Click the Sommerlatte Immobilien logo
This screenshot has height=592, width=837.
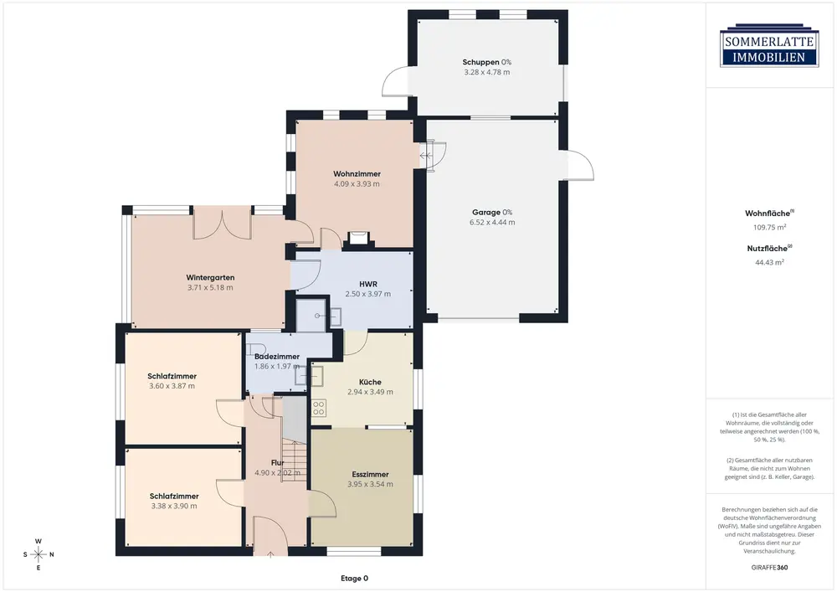point(769,45)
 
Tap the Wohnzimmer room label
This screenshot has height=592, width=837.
point(357,174)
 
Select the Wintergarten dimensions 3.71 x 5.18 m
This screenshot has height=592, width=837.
point(210,288)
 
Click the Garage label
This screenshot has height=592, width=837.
point(485,213)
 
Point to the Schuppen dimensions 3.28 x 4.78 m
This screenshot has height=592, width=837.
point(486,73)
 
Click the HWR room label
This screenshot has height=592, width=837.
point(367,284)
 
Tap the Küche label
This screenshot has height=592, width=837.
point(370,382)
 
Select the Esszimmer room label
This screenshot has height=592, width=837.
point(370,475)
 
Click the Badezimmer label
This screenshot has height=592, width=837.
point(276,357)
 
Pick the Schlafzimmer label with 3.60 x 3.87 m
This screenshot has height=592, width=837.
point(172,376)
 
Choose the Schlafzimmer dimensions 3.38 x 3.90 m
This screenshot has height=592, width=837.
point(174,507)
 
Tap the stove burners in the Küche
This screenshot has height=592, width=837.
point(319,409)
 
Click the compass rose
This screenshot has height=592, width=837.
point(39,554)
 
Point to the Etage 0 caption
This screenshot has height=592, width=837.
point(354,578)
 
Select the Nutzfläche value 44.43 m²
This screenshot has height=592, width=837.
point(769,263)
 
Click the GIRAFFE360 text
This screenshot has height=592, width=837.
point(769,568)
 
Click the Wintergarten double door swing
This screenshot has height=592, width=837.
point(222,223)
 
